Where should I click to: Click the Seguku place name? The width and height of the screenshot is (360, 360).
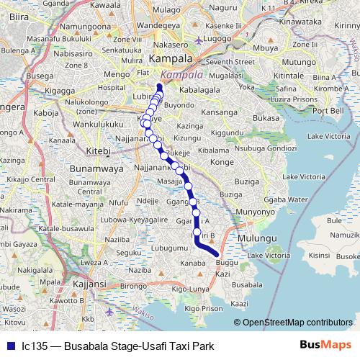coord(130,252)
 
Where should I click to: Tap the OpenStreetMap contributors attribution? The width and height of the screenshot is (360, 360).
coord(297,323)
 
